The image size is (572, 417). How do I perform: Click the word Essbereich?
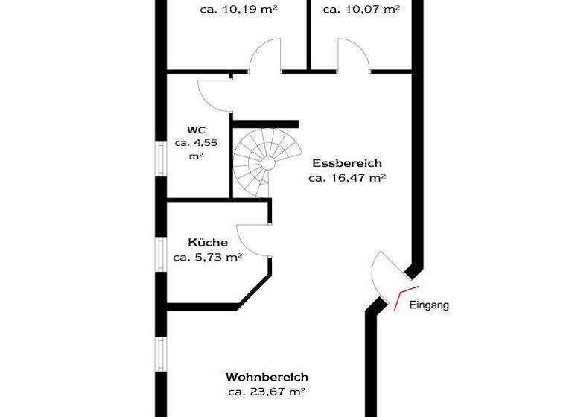point(346,163)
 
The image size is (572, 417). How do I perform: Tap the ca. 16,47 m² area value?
point(346,178)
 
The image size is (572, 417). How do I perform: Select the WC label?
point(196,129)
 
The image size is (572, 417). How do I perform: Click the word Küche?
point(208,243)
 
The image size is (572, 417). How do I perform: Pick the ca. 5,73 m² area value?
point(208,258)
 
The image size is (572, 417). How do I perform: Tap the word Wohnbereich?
point(267,378)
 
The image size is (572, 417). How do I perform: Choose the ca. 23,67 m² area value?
point(267,392)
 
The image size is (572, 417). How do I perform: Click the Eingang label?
point(430,305)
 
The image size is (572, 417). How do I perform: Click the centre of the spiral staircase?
point(266,162)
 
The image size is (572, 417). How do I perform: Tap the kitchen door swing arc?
point(255,240)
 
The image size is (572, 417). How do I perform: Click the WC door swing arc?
point(214,93)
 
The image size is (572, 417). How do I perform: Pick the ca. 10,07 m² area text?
point(360,10)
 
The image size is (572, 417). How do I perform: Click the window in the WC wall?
point(160,159)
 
